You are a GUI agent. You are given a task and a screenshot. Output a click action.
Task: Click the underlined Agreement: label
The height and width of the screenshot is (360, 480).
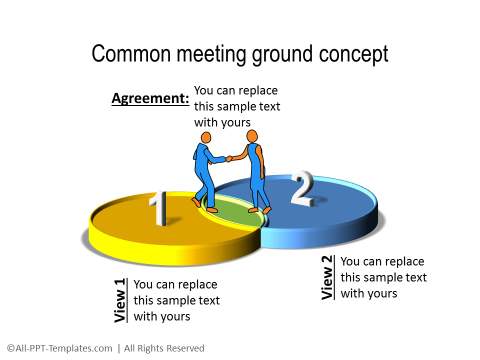(149, 99)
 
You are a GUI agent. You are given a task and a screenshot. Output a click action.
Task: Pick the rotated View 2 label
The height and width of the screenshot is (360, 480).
(327, 278)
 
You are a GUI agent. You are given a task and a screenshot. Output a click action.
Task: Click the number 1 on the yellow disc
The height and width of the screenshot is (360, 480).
(157, 210)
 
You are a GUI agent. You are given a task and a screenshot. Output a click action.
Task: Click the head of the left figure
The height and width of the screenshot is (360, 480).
(206, 137)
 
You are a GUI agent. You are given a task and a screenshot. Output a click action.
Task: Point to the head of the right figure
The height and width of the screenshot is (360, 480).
(252, 135)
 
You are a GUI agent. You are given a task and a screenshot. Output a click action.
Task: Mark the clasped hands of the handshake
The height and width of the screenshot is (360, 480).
(230, 157)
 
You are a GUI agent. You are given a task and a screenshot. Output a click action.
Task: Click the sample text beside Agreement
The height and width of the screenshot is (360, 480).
(237, 106)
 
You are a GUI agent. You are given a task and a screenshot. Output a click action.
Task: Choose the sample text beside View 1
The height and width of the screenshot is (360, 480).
(175, 300)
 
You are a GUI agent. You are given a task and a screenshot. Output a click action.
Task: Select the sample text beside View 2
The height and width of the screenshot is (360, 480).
(383, 277)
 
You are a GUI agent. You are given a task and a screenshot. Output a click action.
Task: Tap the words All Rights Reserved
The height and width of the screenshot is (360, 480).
(164, 348)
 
